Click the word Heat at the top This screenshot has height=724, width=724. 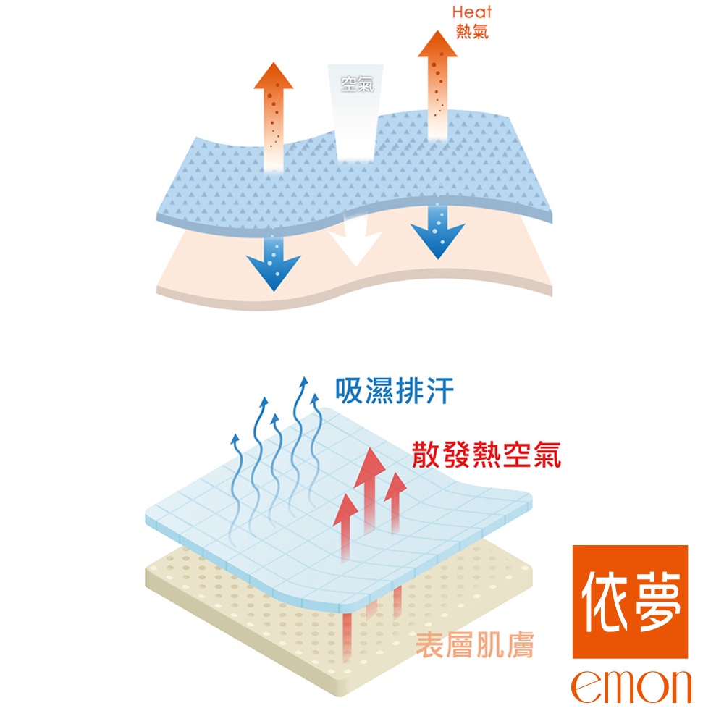[x=471, y=12]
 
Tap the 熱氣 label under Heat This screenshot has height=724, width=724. [x=471, y=32]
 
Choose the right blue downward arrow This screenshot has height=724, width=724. [x=437, y=232]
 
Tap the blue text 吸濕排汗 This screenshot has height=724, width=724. [x=395, y=391]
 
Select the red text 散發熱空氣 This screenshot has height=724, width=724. [x=486, y=454]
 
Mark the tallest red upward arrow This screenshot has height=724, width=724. [x=371, y=492]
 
